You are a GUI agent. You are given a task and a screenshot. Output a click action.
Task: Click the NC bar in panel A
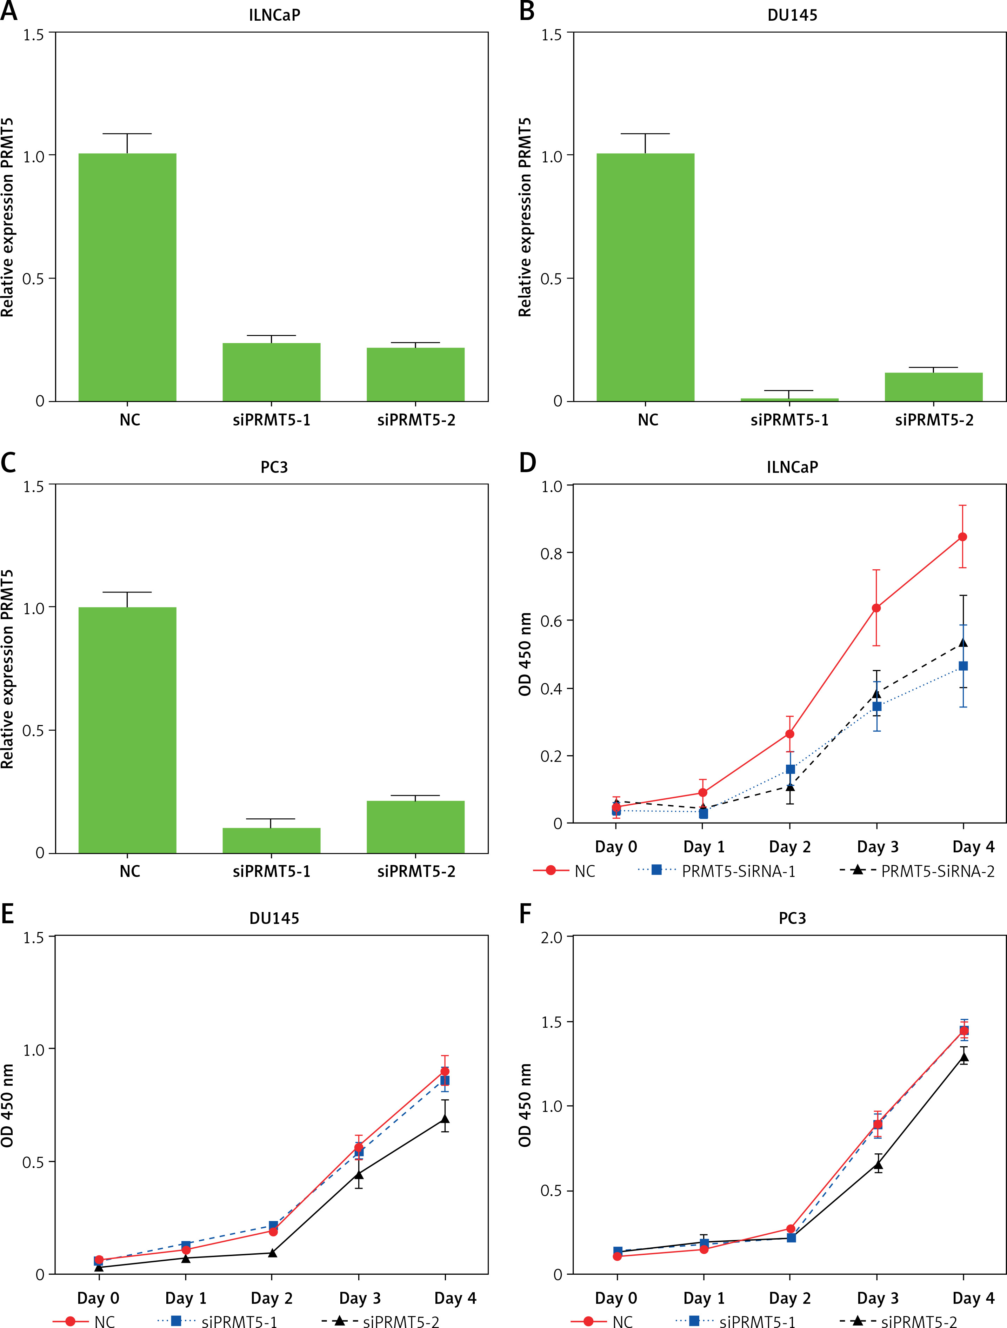127,277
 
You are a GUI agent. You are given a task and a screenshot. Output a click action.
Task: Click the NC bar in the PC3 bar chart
127,730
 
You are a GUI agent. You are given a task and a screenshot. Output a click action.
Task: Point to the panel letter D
527,463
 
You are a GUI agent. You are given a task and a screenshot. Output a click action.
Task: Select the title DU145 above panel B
792,15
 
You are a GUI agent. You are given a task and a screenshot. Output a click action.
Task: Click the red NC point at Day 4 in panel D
962,537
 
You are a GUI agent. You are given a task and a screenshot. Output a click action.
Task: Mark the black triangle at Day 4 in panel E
445,1119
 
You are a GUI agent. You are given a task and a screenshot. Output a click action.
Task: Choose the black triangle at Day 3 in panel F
878,1165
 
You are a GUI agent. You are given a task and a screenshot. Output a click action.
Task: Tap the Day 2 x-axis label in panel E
272,1298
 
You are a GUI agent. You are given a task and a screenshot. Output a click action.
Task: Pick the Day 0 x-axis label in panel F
616,1298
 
